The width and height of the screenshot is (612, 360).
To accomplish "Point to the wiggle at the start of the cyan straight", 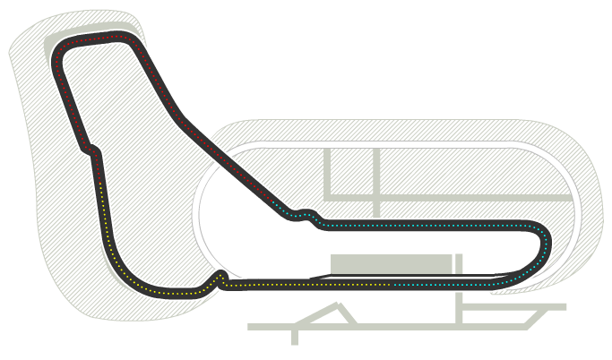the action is [307, 217].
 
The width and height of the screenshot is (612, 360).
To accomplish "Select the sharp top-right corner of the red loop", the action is [134, 40].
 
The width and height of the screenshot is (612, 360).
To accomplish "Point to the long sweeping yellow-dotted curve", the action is [125, 269].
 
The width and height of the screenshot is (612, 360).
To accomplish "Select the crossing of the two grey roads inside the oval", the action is [376, 196].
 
